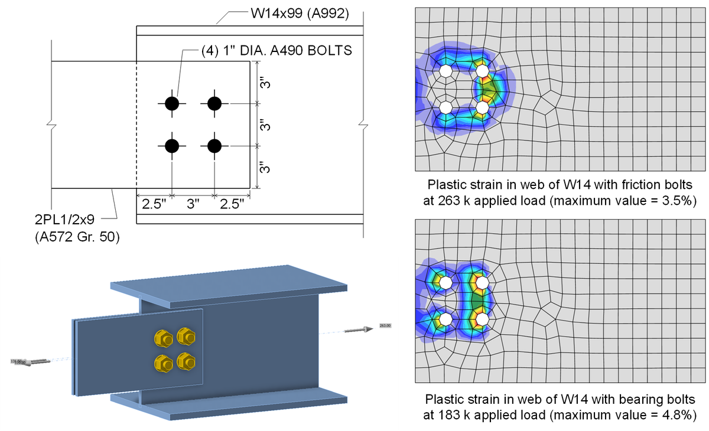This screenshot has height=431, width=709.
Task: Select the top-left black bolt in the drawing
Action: point(172,103)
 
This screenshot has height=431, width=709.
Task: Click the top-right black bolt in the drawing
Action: point(214,103)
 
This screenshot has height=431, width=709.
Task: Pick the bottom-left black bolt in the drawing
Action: point(172,145)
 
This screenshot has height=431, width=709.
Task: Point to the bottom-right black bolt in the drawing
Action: point(214,145)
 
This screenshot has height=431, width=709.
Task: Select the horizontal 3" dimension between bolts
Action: point(193,205)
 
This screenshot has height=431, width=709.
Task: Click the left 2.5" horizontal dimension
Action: point(154,205)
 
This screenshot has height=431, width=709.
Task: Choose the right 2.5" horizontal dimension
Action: point(232,205)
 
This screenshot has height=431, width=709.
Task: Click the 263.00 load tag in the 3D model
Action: point(385,325)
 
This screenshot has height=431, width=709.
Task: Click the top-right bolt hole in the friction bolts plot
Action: point(483,71)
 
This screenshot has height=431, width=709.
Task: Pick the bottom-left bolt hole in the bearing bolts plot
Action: point(446,319)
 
